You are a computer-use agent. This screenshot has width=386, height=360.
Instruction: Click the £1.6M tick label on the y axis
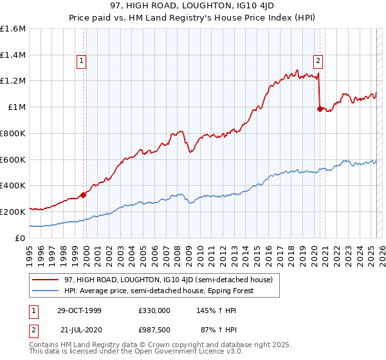(x=13, y=29)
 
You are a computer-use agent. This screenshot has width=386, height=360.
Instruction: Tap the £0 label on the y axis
(x=21, y=238)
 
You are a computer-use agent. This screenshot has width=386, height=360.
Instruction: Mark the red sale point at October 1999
(x=84, y=195)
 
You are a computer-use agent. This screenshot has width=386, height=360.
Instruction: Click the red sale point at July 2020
(x=319, y=109)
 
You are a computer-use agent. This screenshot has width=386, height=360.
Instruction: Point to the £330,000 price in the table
(x=154, y=310)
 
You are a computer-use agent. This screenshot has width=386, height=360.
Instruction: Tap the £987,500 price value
(x=154, y=329)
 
